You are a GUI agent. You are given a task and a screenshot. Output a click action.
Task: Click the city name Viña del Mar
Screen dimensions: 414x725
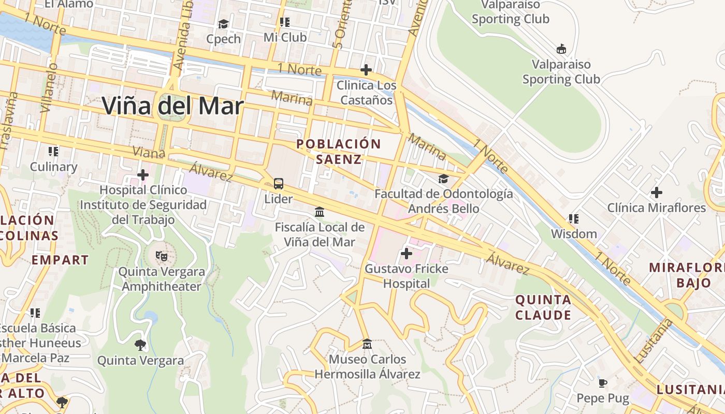tap(172, 106)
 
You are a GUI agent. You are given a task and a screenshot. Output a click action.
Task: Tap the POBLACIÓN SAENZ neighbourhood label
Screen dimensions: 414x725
tap(339, 152)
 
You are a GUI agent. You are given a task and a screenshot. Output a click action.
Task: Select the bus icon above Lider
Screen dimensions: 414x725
tap(279, 183)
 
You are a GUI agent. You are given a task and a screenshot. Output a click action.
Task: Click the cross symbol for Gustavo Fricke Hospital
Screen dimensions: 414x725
tap(407, 254)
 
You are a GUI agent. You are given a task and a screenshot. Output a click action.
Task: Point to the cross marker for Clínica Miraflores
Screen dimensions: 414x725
tap(656, 193)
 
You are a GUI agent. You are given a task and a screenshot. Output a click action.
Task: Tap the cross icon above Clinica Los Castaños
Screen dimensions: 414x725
tap(366, 69)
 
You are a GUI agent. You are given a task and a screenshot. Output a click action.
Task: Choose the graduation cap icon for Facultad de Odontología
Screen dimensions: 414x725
tap(443, 179)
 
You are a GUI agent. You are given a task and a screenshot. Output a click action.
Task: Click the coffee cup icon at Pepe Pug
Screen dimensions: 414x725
tap(602, 383)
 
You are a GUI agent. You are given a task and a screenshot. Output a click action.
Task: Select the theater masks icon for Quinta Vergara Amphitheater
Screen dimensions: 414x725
tap(162, 256)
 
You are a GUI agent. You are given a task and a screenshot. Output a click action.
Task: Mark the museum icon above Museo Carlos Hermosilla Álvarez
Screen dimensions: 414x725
tap(367, 344)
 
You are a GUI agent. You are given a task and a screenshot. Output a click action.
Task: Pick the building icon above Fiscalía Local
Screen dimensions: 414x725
tap(320, 212)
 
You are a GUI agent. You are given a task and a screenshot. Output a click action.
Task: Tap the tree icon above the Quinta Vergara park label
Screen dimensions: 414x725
tap(140, 345)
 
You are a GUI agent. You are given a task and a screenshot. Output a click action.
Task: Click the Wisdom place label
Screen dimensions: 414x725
tap(574, 234)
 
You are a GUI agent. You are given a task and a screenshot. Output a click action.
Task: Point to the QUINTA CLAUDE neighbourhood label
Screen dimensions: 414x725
tap(543, 307)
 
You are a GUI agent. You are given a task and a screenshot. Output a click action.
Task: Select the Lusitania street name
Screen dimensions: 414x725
tap(653, 340)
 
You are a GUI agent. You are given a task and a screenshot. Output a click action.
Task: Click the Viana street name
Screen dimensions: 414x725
tap(149, 152)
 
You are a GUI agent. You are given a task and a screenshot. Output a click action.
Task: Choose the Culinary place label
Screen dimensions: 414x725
tap(53, 167)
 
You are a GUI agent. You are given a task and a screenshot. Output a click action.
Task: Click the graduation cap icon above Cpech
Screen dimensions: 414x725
tap(223, 24)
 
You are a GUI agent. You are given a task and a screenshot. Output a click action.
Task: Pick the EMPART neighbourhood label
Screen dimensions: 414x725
tap(60, 260)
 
